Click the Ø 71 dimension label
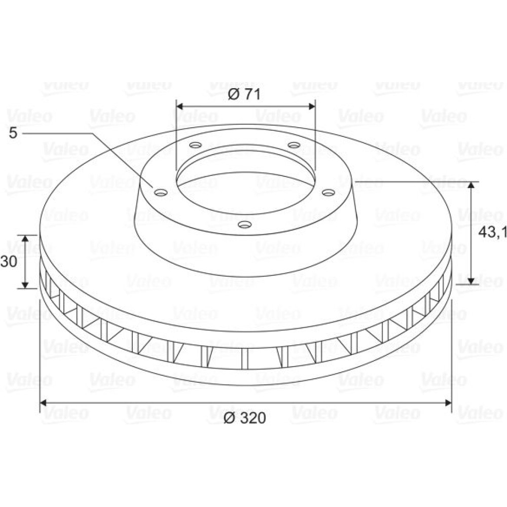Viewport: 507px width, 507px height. click(244, 94)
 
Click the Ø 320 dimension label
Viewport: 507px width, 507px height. click(245, 418)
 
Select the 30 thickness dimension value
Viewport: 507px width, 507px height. click(9, 262)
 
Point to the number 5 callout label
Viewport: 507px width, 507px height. click(13, 133)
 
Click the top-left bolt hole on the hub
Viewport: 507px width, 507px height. click(196, 145)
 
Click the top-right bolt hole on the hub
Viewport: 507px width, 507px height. click(294, 145)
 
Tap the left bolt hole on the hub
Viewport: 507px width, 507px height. click(161, 193)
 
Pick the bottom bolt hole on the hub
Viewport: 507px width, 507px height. click(245, 224)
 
